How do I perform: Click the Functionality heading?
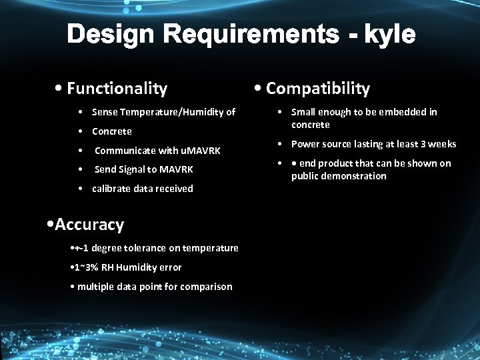click(x=117, y=88)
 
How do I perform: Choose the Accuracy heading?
click(x=89, y=225)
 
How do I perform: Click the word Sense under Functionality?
click(x=105, y=112)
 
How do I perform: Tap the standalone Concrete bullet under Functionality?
click(x=112, y=131)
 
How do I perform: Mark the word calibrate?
click(x=113, y=189)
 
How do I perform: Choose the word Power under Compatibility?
click(x=306, y=144)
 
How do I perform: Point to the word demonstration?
click(x=354, y=176)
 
